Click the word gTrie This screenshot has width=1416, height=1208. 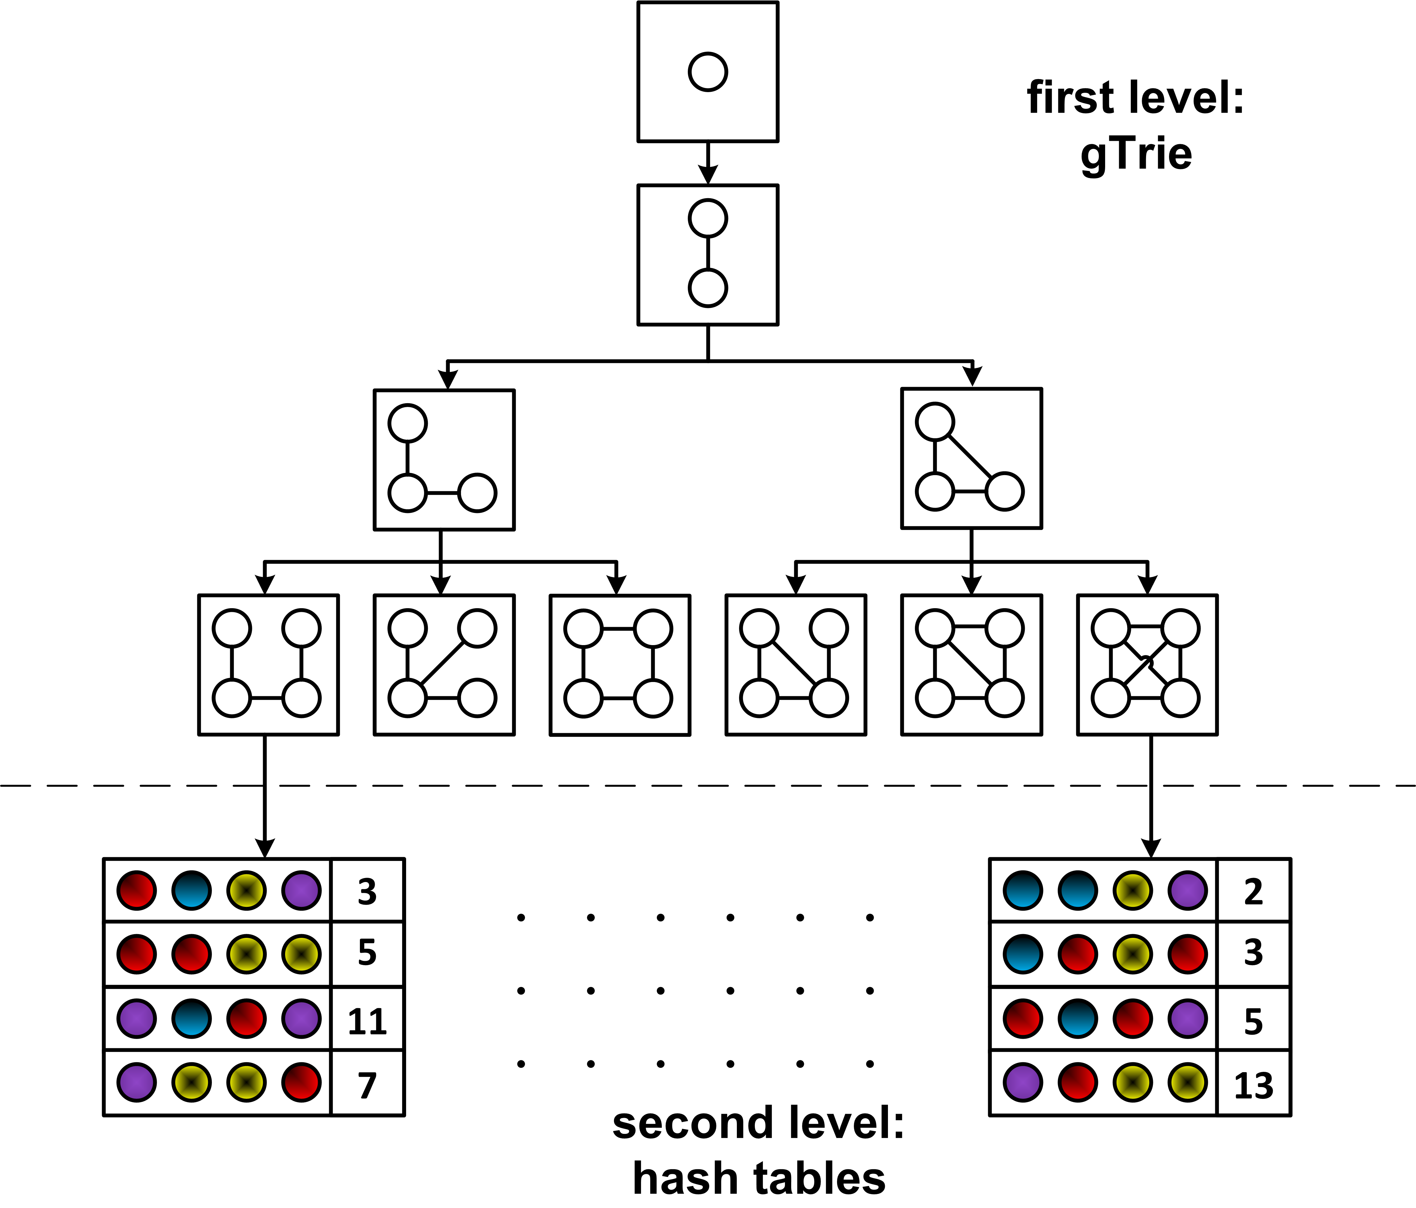tap(1136, 154)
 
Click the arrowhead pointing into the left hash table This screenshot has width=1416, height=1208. tap(264, 847)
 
